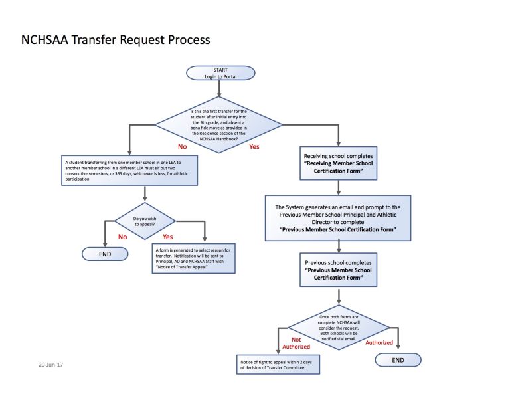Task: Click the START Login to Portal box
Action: click(x=220, y=73)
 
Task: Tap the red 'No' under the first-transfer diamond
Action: click(x=181, y=146)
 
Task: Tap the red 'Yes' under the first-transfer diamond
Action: click(x=254, y=146)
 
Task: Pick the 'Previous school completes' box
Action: click(x=339, y=270)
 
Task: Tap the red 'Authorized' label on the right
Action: click(x=379, y=343)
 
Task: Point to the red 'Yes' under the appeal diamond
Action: click(x=168, y=237)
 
